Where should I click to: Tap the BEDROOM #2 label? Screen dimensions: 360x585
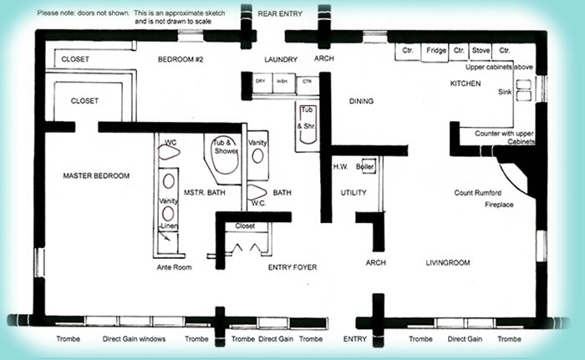[181, 59]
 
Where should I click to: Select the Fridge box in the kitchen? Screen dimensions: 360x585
[435, 51]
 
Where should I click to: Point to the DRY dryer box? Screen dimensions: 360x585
[260, 81]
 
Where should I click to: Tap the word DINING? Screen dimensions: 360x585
[361, 102]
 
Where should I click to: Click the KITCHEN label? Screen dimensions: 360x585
[465, 84]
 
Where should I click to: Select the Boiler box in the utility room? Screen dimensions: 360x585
[366, 165]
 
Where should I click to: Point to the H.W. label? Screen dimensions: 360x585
[340, 165]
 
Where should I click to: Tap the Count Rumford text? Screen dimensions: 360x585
[482, 192]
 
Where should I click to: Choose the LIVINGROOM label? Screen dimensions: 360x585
[448, 262]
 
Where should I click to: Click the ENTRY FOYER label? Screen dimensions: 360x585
[292, 267]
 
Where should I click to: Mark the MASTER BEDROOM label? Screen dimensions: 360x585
[96, 175]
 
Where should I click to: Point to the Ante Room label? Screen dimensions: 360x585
[175, 267]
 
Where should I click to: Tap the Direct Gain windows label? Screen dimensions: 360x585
[134, 339]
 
